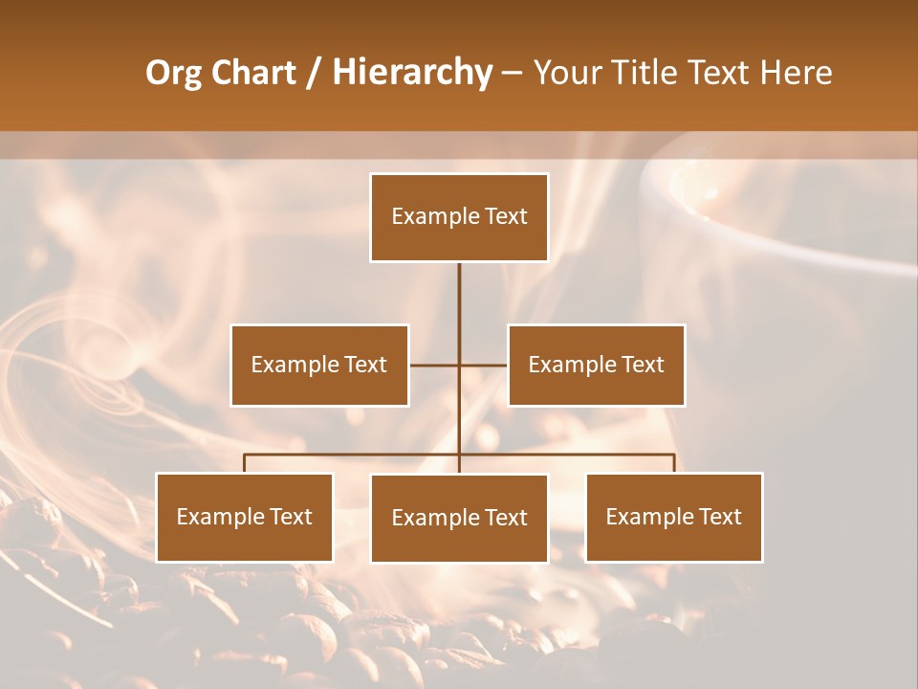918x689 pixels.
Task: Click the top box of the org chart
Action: [459, 217]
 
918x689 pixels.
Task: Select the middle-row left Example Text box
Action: [319, 365]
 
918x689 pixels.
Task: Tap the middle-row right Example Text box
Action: [596, 365]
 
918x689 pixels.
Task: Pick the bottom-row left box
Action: [244, 517]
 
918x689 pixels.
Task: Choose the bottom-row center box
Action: [459, 518]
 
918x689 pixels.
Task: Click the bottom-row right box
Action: [673, 517]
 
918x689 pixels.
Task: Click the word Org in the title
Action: [174, 73]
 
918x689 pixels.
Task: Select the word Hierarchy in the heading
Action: [412, 73]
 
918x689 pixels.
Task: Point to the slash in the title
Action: [314, 73]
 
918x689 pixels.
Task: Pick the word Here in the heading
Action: [797, 73]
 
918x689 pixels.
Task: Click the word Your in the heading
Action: [571, 73]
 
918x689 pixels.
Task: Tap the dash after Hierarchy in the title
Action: [512, 73]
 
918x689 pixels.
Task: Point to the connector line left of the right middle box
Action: [485, 365]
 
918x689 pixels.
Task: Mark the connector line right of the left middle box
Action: [433, 365]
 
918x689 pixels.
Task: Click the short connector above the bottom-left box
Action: [244, 463]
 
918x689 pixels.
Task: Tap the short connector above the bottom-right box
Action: [674, 463]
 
